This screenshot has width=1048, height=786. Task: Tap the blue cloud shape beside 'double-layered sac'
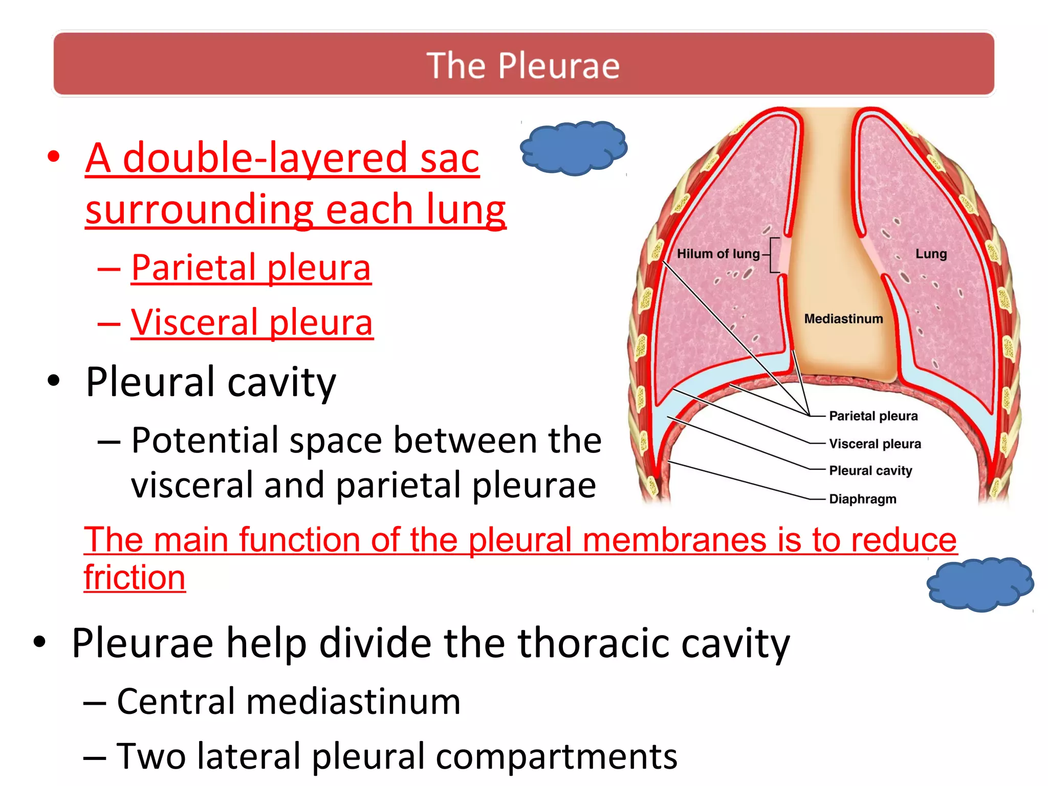click(573, 148)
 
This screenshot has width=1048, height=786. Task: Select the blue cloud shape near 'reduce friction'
click(980, 584)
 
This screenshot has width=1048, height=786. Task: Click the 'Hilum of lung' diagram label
click(718, 254)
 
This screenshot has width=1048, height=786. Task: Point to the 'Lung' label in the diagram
click(931, 254)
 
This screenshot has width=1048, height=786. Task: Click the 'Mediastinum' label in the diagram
click(843, 319)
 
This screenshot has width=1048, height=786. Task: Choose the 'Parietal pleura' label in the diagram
click(873, 416)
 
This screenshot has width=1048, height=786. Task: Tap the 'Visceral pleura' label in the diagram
click(875, 444)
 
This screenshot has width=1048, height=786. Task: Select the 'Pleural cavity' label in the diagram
click(870, 471)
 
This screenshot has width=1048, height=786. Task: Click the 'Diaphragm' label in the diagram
click(862, 499)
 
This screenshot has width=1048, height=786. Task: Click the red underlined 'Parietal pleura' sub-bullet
click(251, 268)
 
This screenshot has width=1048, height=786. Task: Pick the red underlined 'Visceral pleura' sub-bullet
click(252, 322)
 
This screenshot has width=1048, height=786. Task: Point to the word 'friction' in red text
click(135, 577)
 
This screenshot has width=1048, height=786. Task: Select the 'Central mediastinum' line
click(289, 701)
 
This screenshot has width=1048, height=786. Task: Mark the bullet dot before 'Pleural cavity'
click(53, 381)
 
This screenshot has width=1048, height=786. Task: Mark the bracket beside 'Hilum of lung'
click(774, 254)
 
